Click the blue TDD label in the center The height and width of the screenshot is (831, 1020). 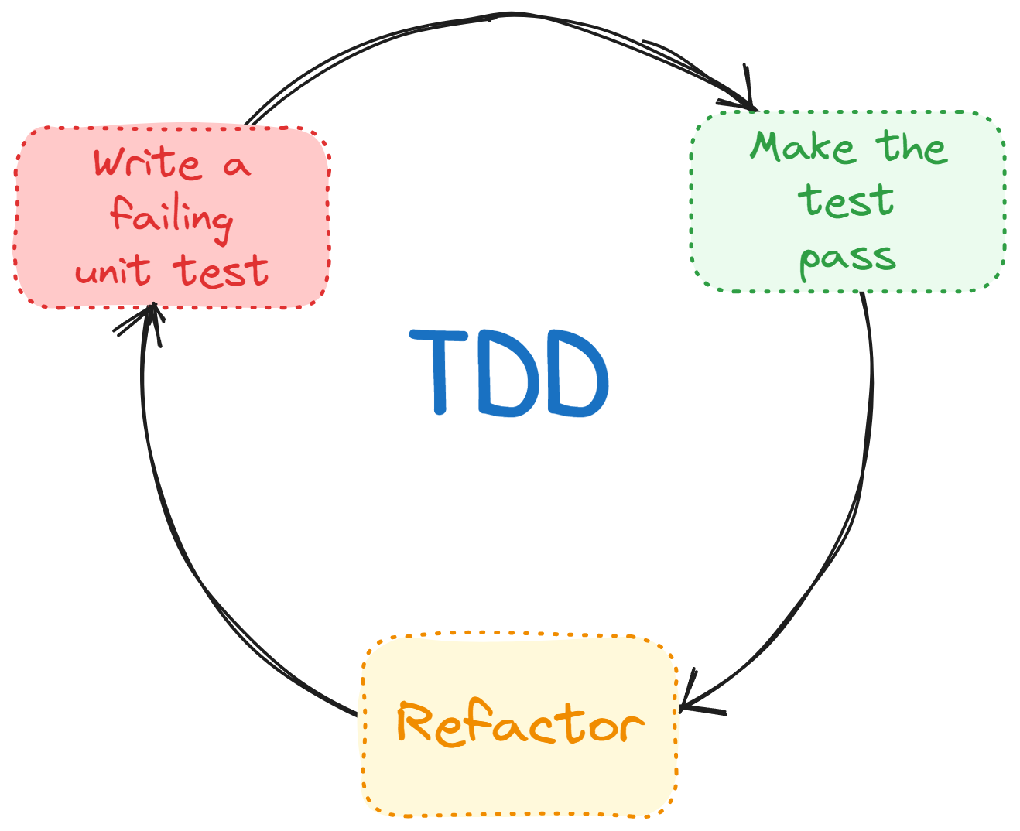click(509, 374)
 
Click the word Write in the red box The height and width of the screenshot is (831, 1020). click(147, 163)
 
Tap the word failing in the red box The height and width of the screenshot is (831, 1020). click(171, 217)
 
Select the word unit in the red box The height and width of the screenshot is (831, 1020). click(112, 271)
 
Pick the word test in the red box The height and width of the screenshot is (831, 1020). click(221, 271)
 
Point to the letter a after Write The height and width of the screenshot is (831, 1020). click(237, 165)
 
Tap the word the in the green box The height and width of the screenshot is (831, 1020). click(912, 146)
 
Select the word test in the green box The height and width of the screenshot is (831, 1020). click(846, 200)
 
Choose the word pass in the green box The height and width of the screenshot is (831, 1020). click(847, 258)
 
